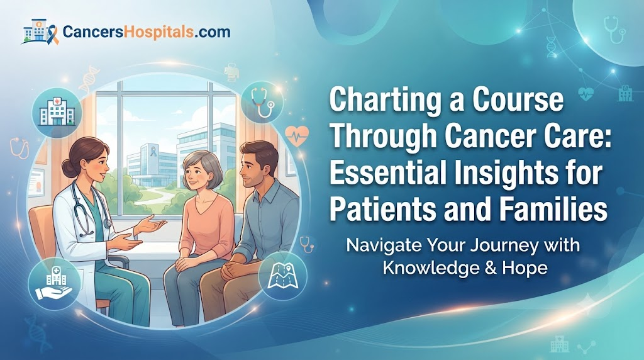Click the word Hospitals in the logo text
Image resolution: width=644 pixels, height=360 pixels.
[x=158, y=32]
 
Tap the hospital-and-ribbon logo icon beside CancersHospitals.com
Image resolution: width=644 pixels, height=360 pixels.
[x=40, y=31]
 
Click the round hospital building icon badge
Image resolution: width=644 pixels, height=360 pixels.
[x=57, y=112]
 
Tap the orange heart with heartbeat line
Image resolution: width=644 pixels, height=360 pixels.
[x=297, y=135]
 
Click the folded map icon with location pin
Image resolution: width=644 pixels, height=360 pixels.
[x=282, y=275]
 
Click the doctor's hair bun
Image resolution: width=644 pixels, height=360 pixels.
[x=67, y=167]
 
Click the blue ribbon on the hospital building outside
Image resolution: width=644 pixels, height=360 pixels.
[x=153, y=151]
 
